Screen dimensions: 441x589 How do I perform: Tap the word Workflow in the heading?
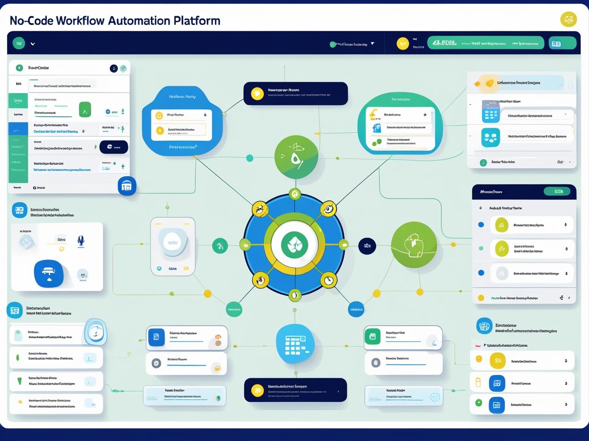pyautogui.click(x=81, y=21)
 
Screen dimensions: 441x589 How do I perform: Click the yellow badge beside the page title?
pyautogui.click(x=568, y=19)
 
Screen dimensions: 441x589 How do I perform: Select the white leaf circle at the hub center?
pyautogui.click(x=294, y=244)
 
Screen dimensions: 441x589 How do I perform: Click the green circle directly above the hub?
pyautogui.click(x=296, y=157)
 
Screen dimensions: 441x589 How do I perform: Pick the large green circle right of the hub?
pyautogui.click(x=414, y=245)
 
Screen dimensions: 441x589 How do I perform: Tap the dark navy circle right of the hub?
pyautogui.click(x=367, y=246)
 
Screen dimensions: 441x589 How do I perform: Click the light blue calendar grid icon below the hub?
pyautogui.click(x=295, y=344)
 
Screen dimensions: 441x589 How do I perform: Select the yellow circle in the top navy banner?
pyautogui.click(x=257, y=94)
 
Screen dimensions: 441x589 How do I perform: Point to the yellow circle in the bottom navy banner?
pyautogui.click(x=257, y=390)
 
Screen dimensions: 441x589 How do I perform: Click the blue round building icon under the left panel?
pyautogui.click(x=127, y=186)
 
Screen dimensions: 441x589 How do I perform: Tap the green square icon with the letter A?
pyautogui.click(x=85, y=110)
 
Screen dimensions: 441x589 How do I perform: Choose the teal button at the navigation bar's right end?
pyautogui.click(x=562, y=43)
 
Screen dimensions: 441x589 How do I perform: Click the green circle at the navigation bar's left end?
pyautogui.click(x=19, y=44)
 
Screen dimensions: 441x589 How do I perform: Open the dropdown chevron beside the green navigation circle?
pyautogui.click(x=33, y=44)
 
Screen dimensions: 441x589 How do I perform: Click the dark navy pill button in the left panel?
pyautogui.click(x=113, y=147)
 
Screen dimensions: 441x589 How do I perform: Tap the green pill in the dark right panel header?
pyautogui.click(x=559, y=191)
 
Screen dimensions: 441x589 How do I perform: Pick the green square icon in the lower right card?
pyautogui.click(x=372, y=337)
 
